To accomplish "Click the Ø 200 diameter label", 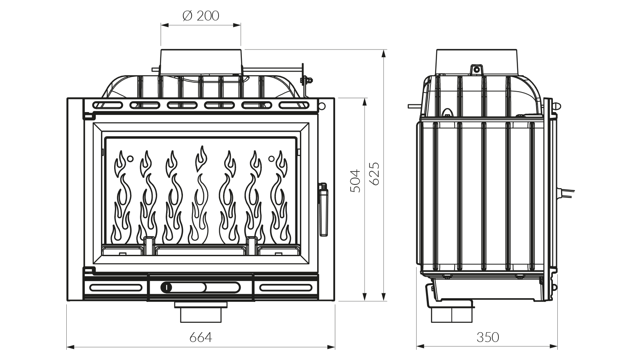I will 201,16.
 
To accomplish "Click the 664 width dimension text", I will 201,337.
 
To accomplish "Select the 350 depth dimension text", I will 487,337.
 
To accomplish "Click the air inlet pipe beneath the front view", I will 201,313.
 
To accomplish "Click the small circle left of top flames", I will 130,158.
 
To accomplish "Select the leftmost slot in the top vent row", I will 108,105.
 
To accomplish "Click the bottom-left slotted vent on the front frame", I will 115,288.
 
